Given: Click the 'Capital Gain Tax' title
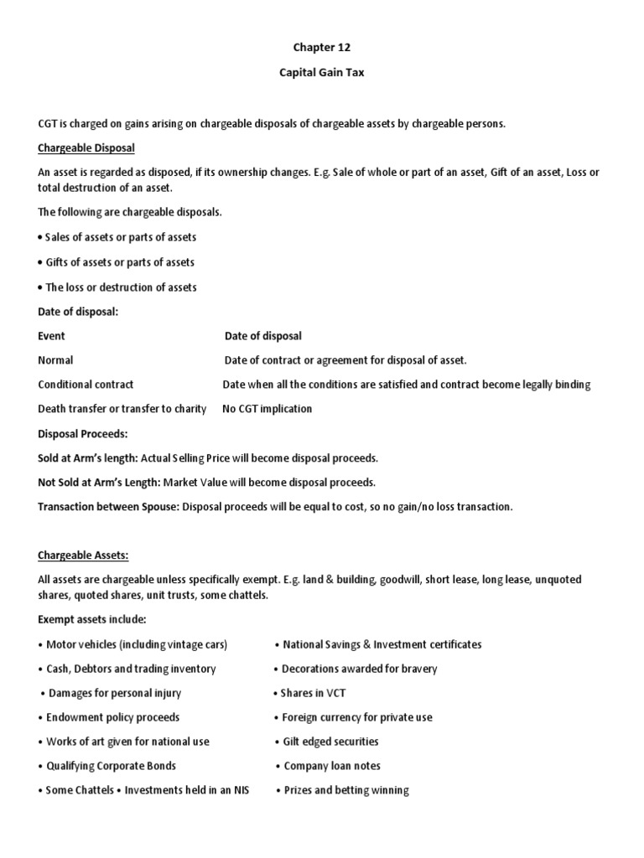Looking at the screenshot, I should click(322, 73).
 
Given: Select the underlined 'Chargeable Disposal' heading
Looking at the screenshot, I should click(86, 147).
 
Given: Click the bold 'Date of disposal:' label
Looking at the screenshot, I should click(79, 311).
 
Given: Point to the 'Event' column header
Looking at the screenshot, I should click(51, 336).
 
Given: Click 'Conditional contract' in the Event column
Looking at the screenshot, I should click(86, 385).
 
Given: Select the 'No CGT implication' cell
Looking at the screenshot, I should click(267, 409).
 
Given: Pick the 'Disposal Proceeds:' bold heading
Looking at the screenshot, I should click(83, 434).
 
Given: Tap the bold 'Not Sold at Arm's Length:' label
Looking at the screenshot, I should click(99, 483).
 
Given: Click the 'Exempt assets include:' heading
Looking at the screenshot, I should click(92, 620).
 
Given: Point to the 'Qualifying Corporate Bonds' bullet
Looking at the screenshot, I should click(110, 766).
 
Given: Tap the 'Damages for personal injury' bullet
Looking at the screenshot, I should click(114, 693).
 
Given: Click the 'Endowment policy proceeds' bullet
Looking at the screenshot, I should click(112, 717).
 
